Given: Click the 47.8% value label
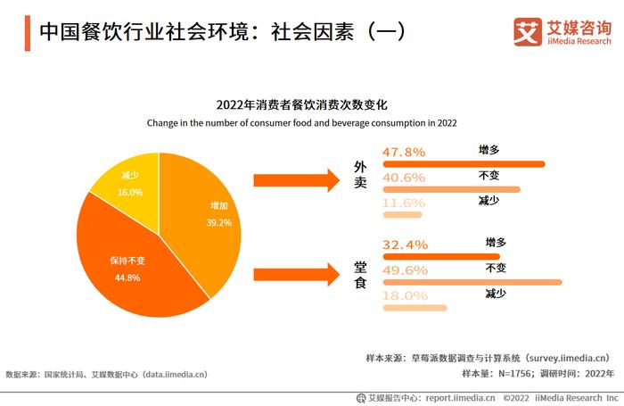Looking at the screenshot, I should click(404, 153).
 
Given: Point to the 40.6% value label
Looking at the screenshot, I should click(404, 178).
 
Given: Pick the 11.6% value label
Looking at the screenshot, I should click(404, 203).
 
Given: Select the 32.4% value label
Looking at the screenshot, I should click(404, 244).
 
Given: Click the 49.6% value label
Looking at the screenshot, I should click(404, 270).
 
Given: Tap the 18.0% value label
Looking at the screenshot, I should click(404, 296).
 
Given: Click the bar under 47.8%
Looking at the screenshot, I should click(463, 164).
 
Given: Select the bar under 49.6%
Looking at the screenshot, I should click(472, 282).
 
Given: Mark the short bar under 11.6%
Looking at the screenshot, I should click(402, 215).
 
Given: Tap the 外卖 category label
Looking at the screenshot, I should click(360, 180).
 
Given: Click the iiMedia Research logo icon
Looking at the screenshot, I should click(529, 32).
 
